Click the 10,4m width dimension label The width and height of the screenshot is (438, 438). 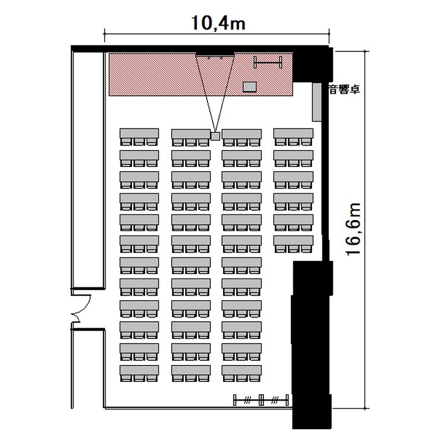point(218,23)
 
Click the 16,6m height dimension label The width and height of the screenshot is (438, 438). point(353,229)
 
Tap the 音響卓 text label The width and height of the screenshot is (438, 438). point(345,89)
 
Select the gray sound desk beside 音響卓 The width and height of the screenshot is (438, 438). point(317,102)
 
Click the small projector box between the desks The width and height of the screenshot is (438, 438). point(215,136)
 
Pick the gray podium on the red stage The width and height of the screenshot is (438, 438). point(250,86)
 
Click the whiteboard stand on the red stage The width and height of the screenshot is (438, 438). point(268,62)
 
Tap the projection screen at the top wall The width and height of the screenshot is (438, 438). point(215,54)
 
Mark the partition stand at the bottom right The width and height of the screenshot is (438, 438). point(261,399)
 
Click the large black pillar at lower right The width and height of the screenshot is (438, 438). point(312,345)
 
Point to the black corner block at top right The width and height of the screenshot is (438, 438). point(312,65)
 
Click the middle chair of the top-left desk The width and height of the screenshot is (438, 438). point(139,142)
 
